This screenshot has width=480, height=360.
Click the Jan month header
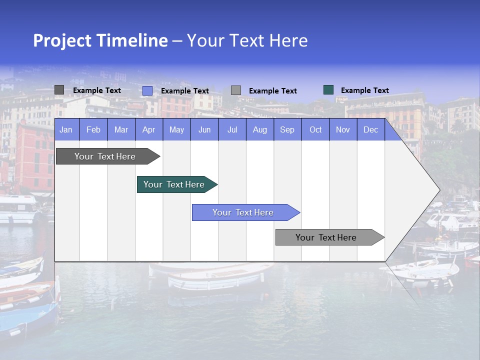coord(66,129)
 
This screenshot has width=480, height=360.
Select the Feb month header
coord(93,129)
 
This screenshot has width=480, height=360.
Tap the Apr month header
coord(149,129)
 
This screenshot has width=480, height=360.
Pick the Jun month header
coord(204,129)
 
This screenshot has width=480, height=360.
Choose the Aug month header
coord(260,129)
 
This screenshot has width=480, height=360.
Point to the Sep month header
coord(287,129)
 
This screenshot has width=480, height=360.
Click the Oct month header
coord(315,129)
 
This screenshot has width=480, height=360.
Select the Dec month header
coord(371,129)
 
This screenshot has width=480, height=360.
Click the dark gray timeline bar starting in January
coord(105,156)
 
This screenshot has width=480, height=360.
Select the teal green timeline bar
coord(174,184)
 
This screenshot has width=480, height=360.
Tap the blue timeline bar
coord(243,212)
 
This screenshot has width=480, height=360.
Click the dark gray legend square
coord(59,90)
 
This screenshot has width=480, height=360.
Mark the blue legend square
coord(147,90)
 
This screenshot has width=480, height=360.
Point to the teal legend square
coord(328,90)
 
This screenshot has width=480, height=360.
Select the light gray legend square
coord(236,90)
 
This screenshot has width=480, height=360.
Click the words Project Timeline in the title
coord(100,40)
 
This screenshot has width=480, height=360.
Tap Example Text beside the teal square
coord(365,90)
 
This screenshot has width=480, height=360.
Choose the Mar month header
coord(121,129)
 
